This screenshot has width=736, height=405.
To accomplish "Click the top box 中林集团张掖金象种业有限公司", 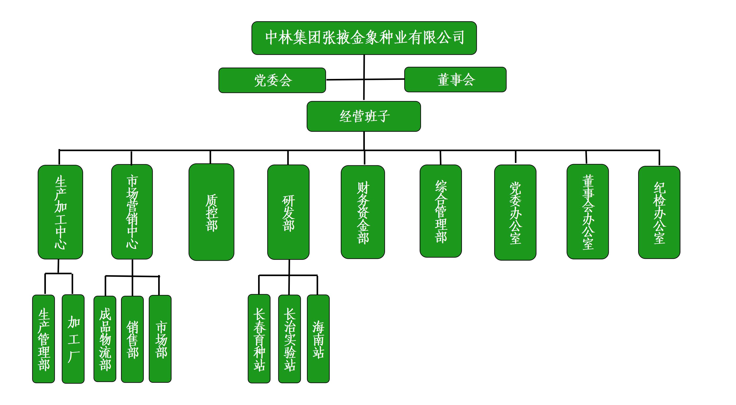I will click(x=364, y=38).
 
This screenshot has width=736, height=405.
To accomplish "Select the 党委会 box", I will click(x=272, y=80).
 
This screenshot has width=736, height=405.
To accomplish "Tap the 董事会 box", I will click(x=455, y=79).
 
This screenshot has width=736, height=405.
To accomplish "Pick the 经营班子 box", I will click(x=364, y=116).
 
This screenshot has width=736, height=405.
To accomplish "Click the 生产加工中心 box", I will click(x=60, y=212).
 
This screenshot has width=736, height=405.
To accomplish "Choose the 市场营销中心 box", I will click(x=132, y=212).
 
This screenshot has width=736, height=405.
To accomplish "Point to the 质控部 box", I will click(x=211, y=212).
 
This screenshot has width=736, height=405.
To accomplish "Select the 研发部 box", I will click(x=288, y=212).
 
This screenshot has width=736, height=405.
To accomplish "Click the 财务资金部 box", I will click(x=363, y=212).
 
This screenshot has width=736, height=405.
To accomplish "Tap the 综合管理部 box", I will click(x=441, y=211).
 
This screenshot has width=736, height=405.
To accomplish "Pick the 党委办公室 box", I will click(x=515, y=212).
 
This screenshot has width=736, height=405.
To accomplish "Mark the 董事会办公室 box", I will click(x=588, y=211).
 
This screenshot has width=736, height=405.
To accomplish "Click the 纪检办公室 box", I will click(x=659, y=212).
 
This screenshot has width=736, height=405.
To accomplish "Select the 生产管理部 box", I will click(x=44, y=339).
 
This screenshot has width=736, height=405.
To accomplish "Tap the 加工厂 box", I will click(x=73, y=339).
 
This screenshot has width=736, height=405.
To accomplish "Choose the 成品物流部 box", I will click(x=105, y=339).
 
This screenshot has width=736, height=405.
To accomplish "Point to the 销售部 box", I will click(x=132, y=339).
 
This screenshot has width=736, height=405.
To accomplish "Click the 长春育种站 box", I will click(x=259, y=339).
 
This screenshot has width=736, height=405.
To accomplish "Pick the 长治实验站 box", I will click(x=289, y=339).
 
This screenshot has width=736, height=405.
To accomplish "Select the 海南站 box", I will click(x=318, y=339).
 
